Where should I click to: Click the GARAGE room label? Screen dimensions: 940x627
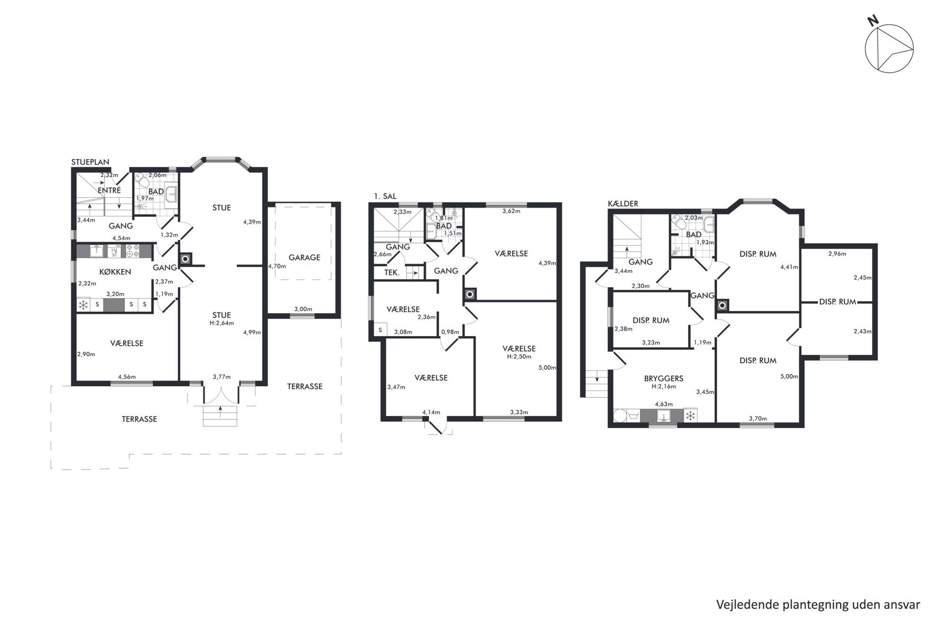pyautogui.click(x=304, y=257)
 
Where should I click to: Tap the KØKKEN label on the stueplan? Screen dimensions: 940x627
pyautogui.click(x=115, y=272)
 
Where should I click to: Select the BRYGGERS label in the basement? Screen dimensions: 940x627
pyautogui.click(x=663, y=378)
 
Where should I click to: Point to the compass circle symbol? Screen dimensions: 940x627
pyautogui.click(x=889, y=49)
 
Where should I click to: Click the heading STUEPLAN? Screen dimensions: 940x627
pyautogui.click(x=90, y=162)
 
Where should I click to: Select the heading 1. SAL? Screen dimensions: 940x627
pyautogui.click(x=385, y=196)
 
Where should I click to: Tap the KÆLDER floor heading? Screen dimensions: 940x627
pyautogui.click(x=623, y=203)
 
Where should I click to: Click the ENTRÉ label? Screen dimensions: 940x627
pyautogui.click(x=109, y=190)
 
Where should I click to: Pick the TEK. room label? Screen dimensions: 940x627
pyautogui.click(x=391, y=273)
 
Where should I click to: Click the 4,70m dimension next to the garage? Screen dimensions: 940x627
pyautogui.click(x=277, y=266)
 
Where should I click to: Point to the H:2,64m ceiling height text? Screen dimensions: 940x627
pyautogui.click(x=221, y=323)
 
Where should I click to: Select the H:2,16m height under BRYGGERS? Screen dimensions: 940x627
pyautogui.click(x=663, y=386)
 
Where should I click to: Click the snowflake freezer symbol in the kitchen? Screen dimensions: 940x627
pyautogui.click(x=83, y=305)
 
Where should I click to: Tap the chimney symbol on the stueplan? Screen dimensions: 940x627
pyautogui.click(x=185, y=259)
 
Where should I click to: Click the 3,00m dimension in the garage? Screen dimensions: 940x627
pyautogui.click(x=303, y=309)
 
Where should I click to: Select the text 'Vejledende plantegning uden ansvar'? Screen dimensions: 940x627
pyautogui.click(x=818, y=604)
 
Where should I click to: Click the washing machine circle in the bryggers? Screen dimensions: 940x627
pyautogui.click(x=620, y=416)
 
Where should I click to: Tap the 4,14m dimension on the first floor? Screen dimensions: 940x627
pyautogui.click(x=431, y=412)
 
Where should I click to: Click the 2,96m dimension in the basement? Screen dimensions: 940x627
pyautogui.click(x=837, y=254)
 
